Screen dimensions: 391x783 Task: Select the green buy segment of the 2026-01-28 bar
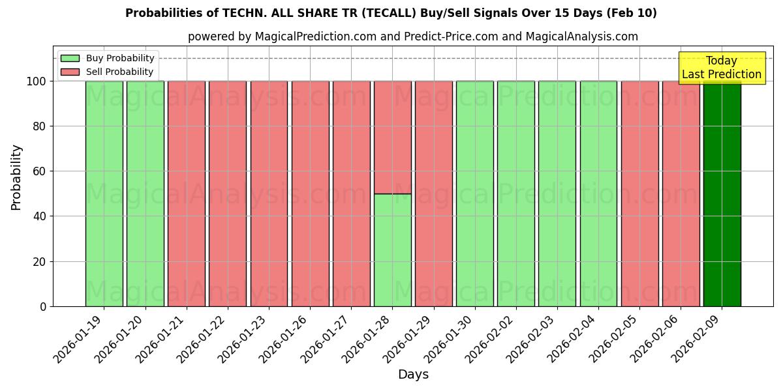click(392, 250)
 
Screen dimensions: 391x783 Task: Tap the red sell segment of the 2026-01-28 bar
click(392, 138)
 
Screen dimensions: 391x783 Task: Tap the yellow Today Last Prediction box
click(722, 68)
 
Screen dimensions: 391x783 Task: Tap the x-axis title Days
click(413, 375)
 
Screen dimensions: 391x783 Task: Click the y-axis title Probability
click(16, 177)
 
